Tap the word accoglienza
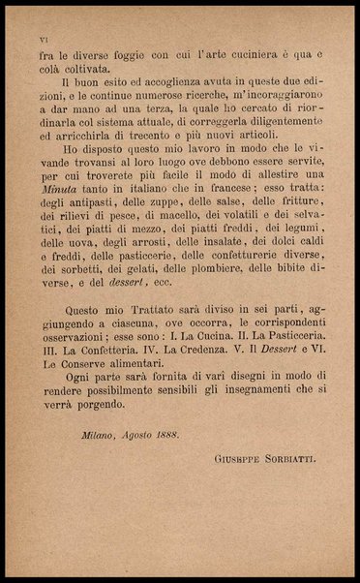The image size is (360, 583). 172,82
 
